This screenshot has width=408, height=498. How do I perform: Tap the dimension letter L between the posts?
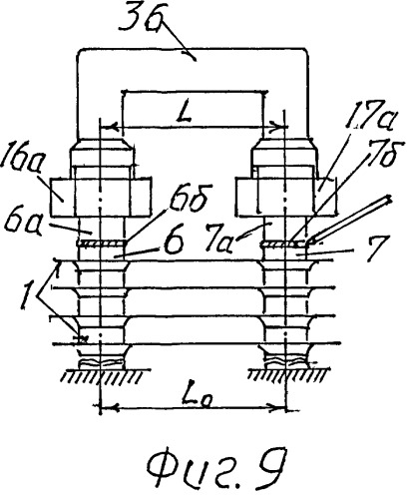click(187, 113)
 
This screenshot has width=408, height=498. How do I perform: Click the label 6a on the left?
click(22, 223)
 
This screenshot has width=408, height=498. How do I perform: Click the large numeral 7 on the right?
click(375, 248)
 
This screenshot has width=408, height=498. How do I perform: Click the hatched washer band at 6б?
click(102, 244)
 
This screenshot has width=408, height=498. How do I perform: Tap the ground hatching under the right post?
click(288, 375)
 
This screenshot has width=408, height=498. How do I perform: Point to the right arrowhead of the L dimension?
click(278, 128)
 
